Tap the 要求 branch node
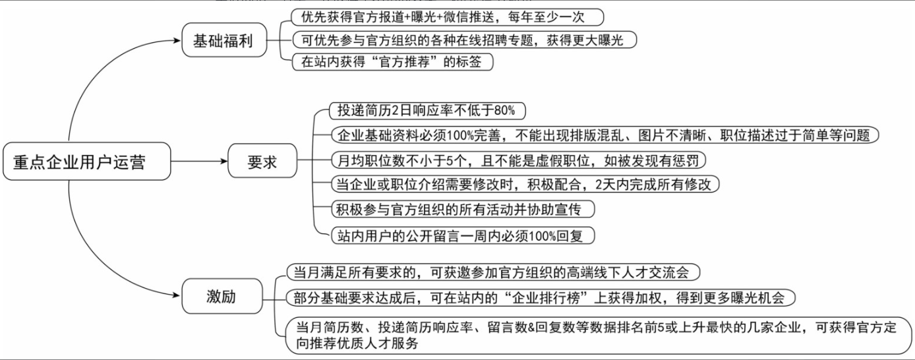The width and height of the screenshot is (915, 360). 262,161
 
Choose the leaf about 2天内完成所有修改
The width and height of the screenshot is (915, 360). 524,185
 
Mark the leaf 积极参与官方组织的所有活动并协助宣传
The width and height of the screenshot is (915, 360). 461,209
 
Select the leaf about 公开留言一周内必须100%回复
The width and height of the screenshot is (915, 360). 461,234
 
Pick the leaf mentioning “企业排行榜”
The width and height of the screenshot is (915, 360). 541,297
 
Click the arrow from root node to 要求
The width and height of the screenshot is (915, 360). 198,161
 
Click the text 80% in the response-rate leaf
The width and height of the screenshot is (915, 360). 504,110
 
